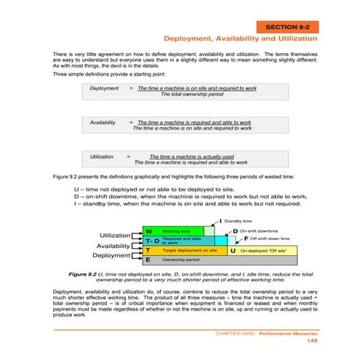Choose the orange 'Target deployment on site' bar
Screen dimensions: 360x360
tap(189, 249)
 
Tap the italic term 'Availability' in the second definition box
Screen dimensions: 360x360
tap(105, 123)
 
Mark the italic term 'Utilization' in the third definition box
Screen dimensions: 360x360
tap(102, 157)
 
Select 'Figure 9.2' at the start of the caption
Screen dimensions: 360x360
tap(82, 274)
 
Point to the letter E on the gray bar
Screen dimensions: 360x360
tap(148, 259)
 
